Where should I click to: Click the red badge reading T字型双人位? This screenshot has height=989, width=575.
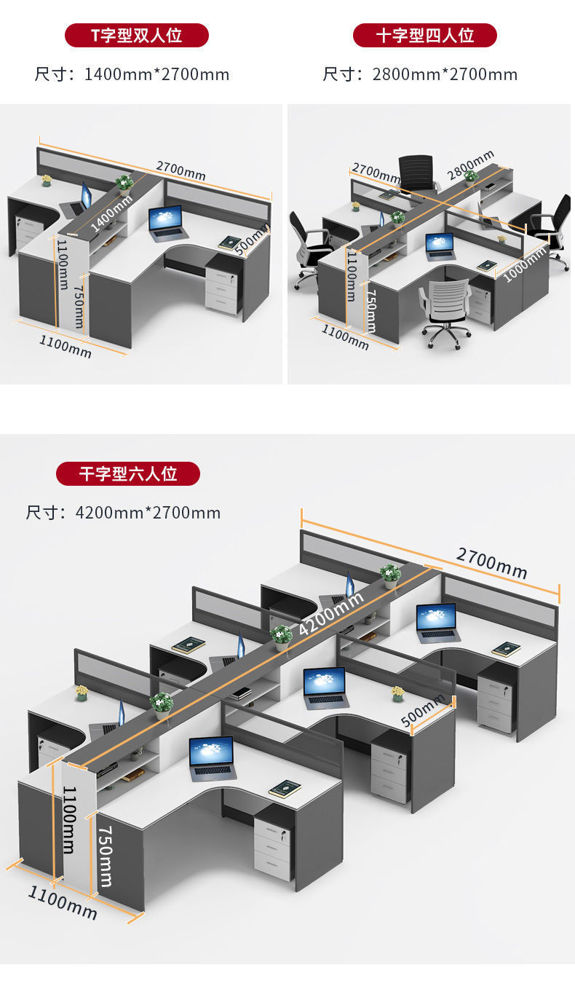click(136, 35)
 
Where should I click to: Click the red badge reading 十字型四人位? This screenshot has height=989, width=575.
click(425, 35)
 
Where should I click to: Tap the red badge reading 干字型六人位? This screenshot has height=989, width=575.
click(128, 473)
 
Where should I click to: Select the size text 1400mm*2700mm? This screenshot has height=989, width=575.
click(156, 74)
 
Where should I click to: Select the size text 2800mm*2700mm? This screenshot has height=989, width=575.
click(445, 74)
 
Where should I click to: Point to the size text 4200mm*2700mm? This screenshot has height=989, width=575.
click(148, 513)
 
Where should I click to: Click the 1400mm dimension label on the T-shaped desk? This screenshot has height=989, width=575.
click(111, 213)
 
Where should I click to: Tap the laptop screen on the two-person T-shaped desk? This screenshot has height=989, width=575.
click(165, 218)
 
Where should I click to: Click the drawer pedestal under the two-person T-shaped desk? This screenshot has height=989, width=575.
click(221, 288)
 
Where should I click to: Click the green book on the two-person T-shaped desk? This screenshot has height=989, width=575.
click(229, 243)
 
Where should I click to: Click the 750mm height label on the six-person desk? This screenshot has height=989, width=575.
click(106, 856)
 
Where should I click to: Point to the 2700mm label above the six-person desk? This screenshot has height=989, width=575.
click(491, 562)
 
